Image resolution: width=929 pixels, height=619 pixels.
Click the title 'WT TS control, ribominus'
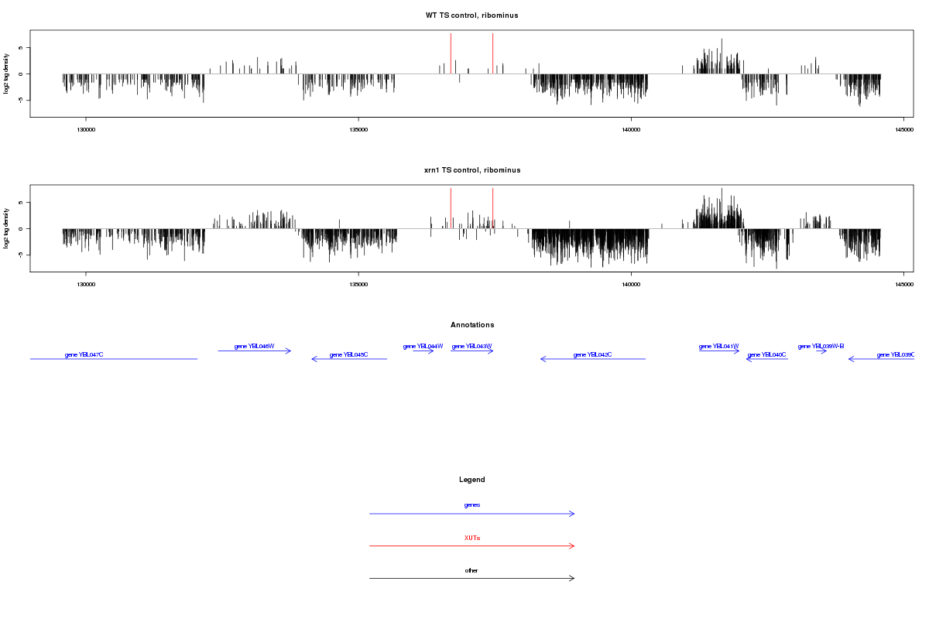471,15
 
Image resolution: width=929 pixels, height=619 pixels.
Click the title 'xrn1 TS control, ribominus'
471,170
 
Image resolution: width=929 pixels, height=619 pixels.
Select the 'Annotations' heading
472,325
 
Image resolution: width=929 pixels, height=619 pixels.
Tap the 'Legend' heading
472,480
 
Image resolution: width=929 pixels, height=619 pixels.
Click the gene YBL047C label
84,354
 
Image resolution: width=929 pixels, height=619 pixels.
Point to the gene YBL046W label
255,346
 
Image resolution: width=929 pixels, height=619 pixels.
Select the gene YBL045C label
348,354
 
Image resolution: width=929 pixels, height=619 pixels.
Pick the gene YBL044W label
423,346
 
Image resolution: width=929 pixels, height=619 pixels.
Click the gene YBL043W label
472,346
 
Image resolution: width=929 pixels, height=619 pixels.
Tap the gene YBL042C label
593,354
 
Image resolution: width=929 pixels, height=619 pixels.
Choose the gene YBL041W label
719,346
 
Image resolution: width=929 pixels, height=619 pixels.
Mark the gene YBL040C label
766,354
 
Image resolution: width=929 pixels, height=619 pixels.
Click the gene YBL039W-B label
821,346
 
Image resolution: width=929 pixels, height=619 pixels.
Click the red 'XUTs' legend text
472,538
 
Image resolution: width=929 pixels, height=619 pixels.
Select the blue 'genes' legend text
472,505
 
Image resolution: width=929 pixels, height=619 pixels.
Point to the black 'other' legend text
472,570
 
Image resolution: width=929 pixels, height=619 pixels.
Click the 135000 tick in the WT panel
358,130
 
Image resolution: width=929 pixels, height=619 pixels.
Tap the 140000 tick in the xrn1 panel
631,285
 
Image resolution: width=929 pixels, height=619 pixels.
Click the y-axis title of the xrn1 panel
7,228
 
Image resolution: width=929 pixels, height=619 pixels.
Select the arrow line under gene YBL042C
593,359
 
